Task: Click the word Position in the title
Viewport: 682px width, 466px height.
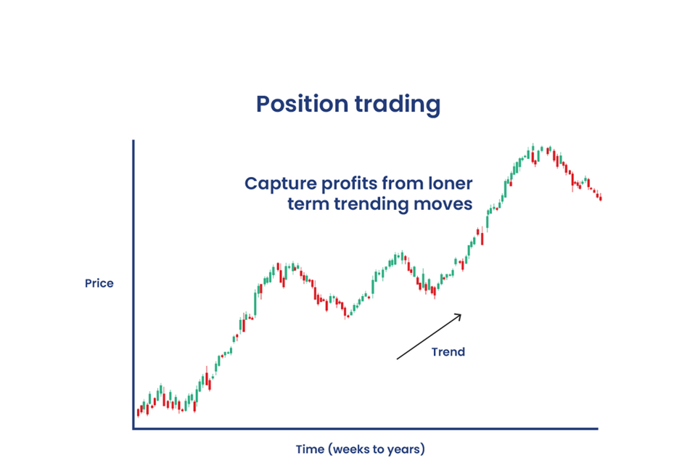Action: [x=303, y=105]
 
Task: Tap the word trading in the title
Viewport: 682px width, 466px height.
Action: [x=398, y=105]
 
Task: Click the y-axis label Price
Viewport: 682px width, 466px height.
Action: [x=99, y=283]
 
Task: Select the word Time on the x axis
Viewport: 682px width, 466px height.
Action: [x=310, y=449]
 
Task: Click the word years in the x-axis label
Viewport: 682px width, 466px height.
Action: [x=406, y=449]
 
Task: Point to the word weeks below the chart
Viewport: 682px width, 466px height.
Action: [x=352, y=449]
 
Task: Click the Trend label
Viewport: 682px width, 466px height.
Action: [x=448, y=351]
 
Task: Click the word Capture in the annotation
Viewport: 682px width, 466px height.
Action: [x=281, y=184]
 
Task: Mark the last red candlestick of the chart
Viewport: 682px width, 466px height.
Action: [x=601, y=198]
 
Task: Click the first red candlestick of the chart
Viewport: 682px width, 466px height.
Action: [x=138, y=412]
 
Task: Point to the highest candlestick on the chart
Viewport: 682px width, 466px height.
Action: [x=533, y=150]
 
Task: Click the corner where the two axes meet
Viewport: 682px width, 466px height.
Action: [x=133, y=428]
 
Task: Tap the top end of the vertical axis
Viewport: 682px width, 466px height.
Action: [x=133, y=141]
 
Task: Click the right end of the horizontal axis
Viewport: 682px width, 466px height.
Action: [x=598, y=428]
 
